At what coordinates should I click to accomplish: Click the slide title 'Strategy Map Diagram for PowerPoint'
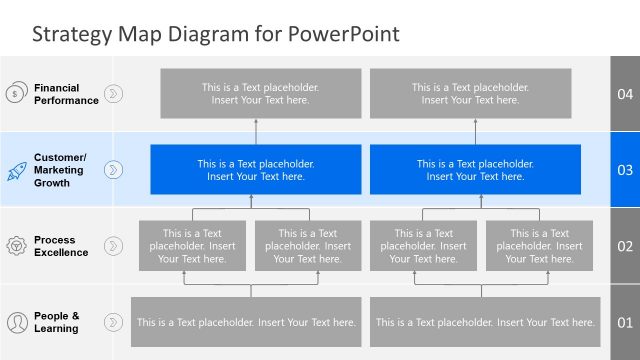(215, 34)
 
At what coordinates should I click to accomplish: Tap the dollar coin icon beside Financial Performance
(16, 94)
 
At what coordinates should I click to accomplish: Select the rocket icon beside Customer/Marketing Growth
(16, 170)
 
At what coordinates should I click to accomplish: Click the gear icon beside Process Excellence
(16, 246)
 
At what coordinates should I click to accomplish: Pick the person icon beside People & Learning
(16, 322)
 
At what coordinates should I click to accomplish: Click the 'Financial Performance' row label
(66, 94)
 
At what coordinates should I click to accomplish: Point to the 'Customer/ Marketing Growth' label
(61, 170)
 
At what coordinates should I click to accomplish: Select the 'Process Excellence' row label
(61, 246)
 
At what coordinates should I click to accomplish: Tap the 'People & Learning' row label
(56, 322)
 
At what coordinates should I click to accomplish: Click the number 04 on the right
(625, 94)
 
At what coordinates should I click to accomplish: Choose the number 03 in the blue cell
(625, 170)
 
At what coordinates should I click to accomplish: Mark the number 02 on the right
(625, 246)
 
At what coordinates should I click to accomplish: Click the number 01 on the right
(625, 322)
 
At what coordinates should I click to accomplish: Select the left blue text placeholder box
(255, 170)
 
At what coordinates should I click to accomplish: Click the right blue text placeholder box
(475, 170)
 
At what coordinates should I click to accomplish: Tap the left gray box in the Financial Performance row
(255, 94)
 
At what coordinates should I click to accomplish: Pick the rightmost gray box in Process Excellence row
(544, 246)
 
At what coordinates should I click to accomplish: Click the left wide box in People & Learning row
(246, 322)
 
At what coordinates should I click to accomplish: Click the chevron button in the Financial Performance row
(114, 94)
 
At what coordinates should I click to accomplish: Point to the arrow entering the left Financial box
(255, 123)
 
